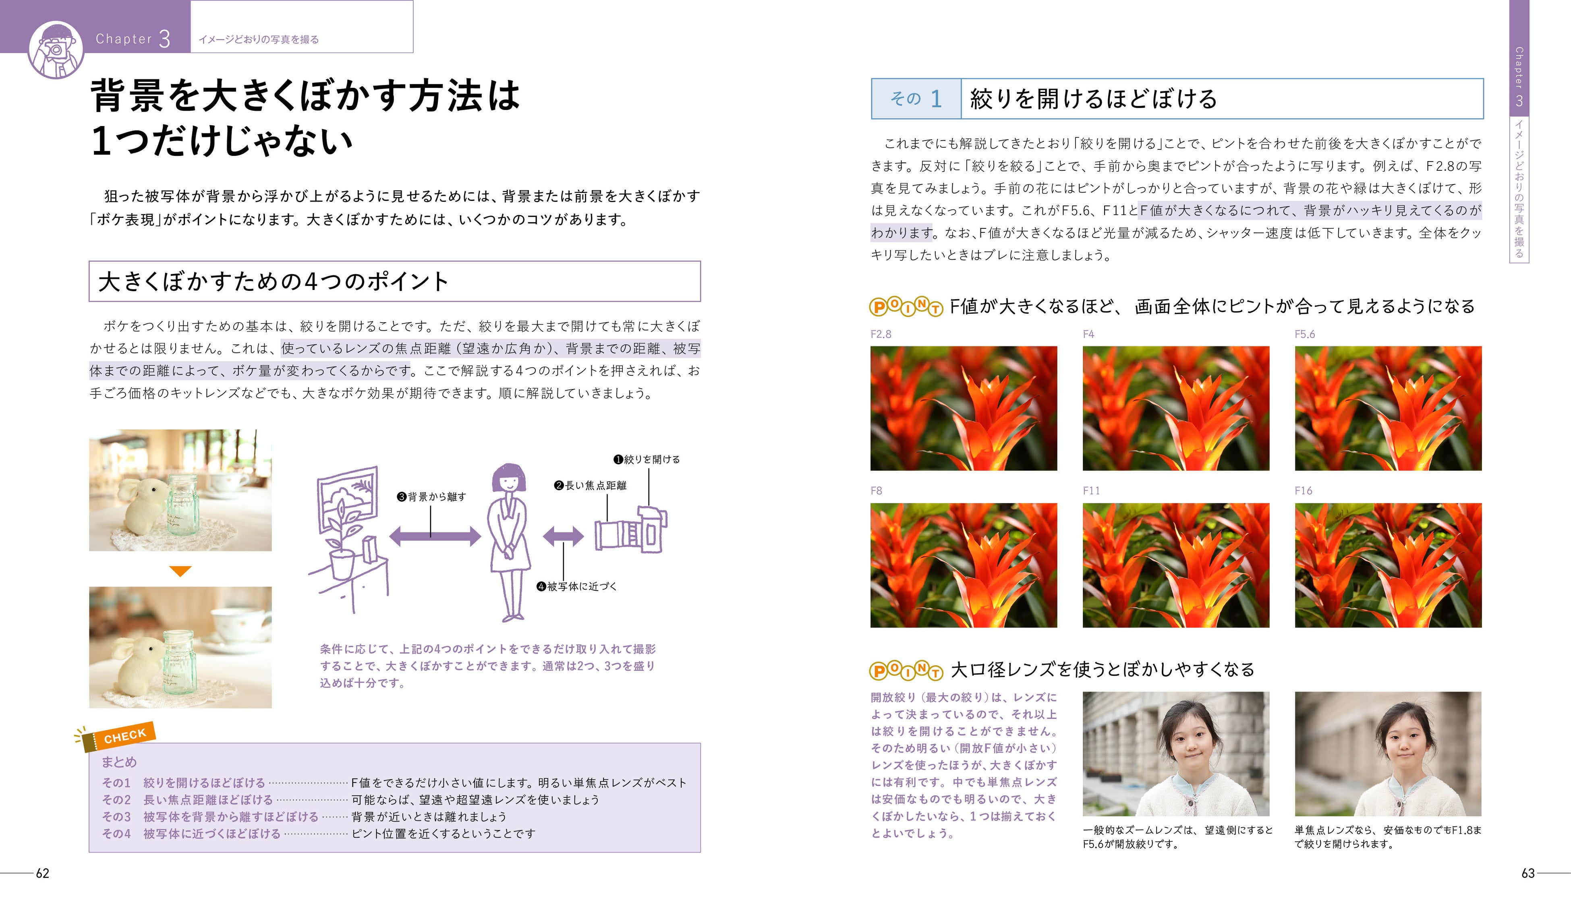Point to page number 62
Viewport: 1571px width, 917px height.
click(x=42, y=874)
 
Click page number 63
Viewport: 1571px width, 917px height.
click(x=1527, y=874)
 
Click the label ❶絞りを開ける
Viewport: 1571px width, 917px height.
click(x=647, y=460)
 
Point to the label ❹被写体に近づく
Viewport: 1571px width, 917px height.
click(x=577, y=586)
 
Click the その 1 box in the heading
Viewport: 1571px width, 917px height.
click(x=916, y=99)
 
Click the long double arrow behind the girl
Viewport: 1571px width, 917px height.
click(x=435, y=536)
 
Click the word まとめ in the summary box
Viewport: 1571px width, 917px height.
click(x=119, y=762)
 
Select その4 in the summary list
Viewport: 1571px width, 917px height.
click(x=116, y=834)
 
